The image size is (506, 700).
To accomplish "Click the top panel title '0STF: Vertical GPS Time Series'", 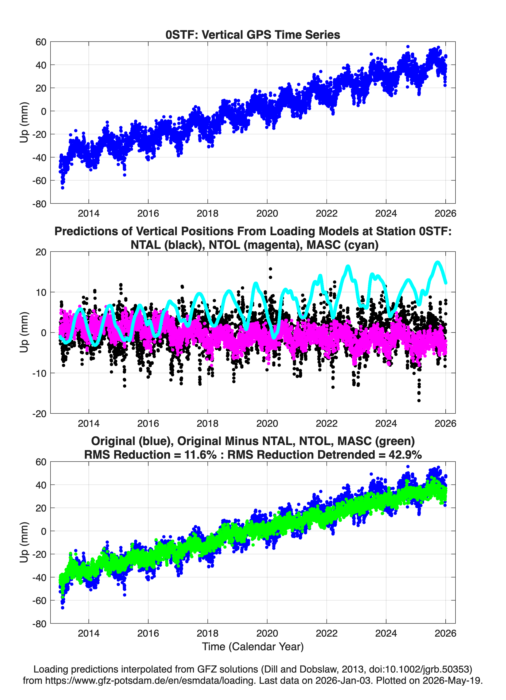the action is (253, 35).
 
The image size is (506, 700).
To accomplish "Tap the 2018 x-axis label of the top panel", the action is (208, 213).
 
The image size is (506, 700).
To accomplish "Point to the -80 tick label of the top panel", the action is (39, 204).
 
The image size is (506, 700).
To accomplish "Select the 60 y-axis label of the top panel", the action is (41, 42).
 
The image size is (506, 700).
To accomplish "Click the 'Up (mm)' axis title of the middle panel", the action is (24, 332).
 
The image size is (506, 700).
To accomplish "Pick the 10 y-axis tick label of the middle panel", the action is (41, 292).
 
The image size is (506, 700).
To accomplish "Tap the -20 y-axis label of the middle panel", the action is (39, 414).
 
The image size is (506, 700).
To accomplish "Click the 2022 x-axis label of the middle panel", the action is (327, 423).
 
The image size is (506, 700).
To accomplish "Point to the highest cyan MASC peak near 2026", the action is (437, 262).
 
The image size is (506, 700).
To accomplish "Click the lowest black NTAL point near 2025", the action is (419, 401).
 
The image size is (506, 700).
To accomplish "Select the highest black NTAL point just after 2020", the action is (270, 269).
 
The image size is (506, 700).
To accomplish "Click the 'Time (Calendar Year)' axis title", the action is (253, 647).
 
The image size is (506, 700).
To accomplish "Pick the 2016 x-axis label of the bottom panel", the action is (148, 633).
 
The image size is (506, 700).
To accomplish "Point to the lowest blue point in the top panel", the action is (62, 188).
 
